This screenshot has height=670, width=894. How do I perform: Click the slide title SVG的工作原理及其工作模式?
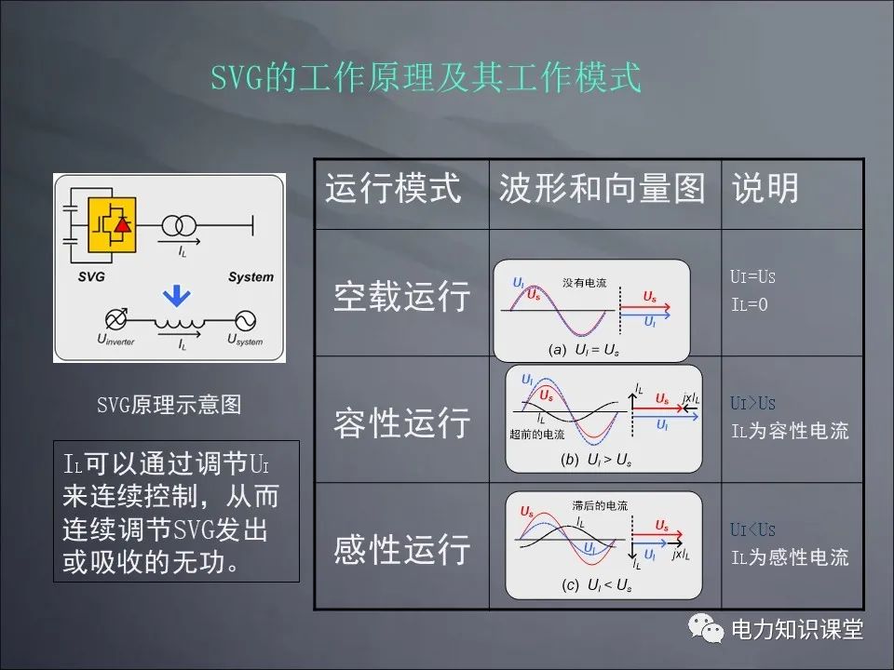(426, 78)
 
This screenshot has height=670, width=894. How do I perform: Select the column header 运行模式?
(393, 189)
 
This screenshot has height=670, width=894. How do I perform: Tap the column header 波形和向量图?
(602, 189)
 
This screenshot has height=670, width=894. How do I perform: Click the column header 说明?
(765, 189)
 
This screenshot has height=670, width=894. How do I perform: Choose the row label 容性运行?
(402, 422)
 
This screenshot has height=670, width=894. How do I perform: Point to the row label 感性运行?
(402, 549)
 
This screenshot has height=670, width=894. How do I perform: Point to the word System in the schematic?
(251, 276)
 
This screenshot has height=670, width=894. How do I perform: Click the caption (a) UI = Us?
(584, 350)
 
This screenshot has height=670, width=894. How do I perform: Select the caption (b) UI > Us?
(596, 460)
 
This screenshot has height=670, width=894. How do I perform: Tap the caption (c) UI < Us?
(597, 585)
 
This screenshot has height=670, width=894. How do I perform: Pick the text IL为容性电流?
(790, 432)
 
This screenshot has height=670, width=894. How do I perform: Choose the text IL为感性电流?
(790, 557)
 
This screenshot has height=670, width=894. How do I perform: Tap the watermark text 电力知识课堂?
(797, 630)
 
